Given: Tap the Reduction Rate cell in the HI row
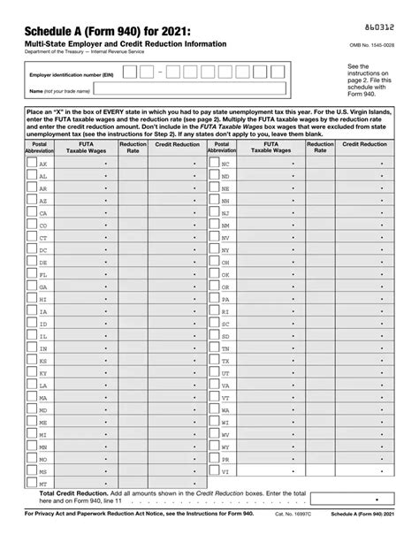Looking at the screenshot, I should click(x=133, y=300).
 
